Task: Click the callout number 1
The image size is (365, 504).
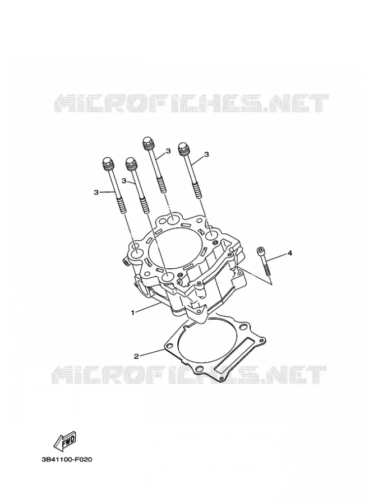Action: click(132, 312)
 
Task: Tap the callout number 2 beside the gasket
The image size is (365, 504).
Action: click(136, 356)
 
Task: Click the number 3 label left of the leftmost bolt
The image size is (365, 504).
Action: click(96, 192)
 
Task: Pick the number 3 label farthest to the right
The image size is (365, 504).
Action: click(207, 155)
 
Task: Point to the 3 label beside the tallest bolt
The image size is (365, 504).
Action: click(168, 151)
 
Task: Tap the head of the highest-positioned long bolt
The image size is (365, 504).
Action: click(148, 143)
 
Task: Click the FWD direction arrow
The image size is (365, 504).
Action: click(66, 440)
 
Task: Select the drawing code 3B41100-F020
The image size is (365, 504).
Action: click(67, 459)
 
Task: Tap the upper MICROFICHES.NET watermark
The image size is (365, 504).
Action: click(191, 103)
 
